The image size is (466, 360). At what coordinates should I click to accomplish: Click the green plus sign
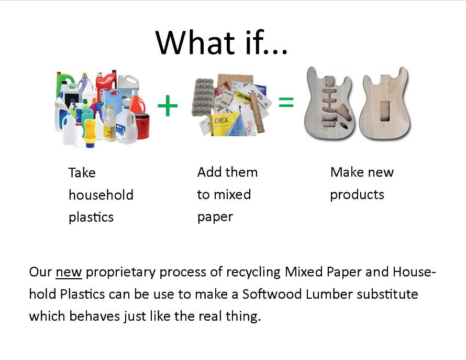(168, 106)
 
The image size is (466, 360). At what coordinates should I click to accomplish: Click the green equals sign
(286, 102)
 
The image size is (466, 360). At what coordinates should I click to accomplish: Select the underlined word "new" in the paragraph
(69, 272)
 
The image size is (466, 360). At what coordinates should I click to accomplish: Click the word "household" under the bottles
(101, 195)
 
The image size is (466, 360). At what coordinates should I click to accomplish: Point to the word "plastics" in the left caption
(91, 217)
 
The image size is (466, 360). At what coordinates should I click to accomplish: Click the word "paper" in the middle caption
(215, 217)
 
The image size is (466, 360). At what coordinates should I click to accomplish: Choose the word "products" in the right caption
(357, 195)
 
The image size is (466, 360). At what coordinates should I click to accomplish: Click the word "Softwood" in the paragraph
(272, 294)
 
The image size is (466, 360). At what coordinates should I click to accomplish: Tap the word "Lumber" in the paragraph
(329, 294)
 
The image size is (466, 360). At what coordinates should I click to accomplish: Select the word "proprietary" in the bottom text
(120, 272)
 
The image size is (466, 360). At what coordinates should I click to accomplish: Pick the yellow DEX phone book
(227, 124)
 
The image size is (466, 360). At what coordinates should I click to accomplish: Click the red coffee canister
(142, 126)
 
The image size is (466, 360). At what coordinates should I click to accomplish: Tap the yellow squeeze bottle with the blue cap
(90, 133)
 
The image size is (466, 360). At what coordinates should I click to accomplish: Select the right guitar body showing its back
(384, 103)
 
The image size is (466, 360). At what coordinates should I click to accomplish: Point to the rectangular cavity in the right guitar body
(385, 111)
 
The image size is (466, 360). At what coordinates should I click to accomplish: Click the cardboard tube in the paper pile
(257, 112)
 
